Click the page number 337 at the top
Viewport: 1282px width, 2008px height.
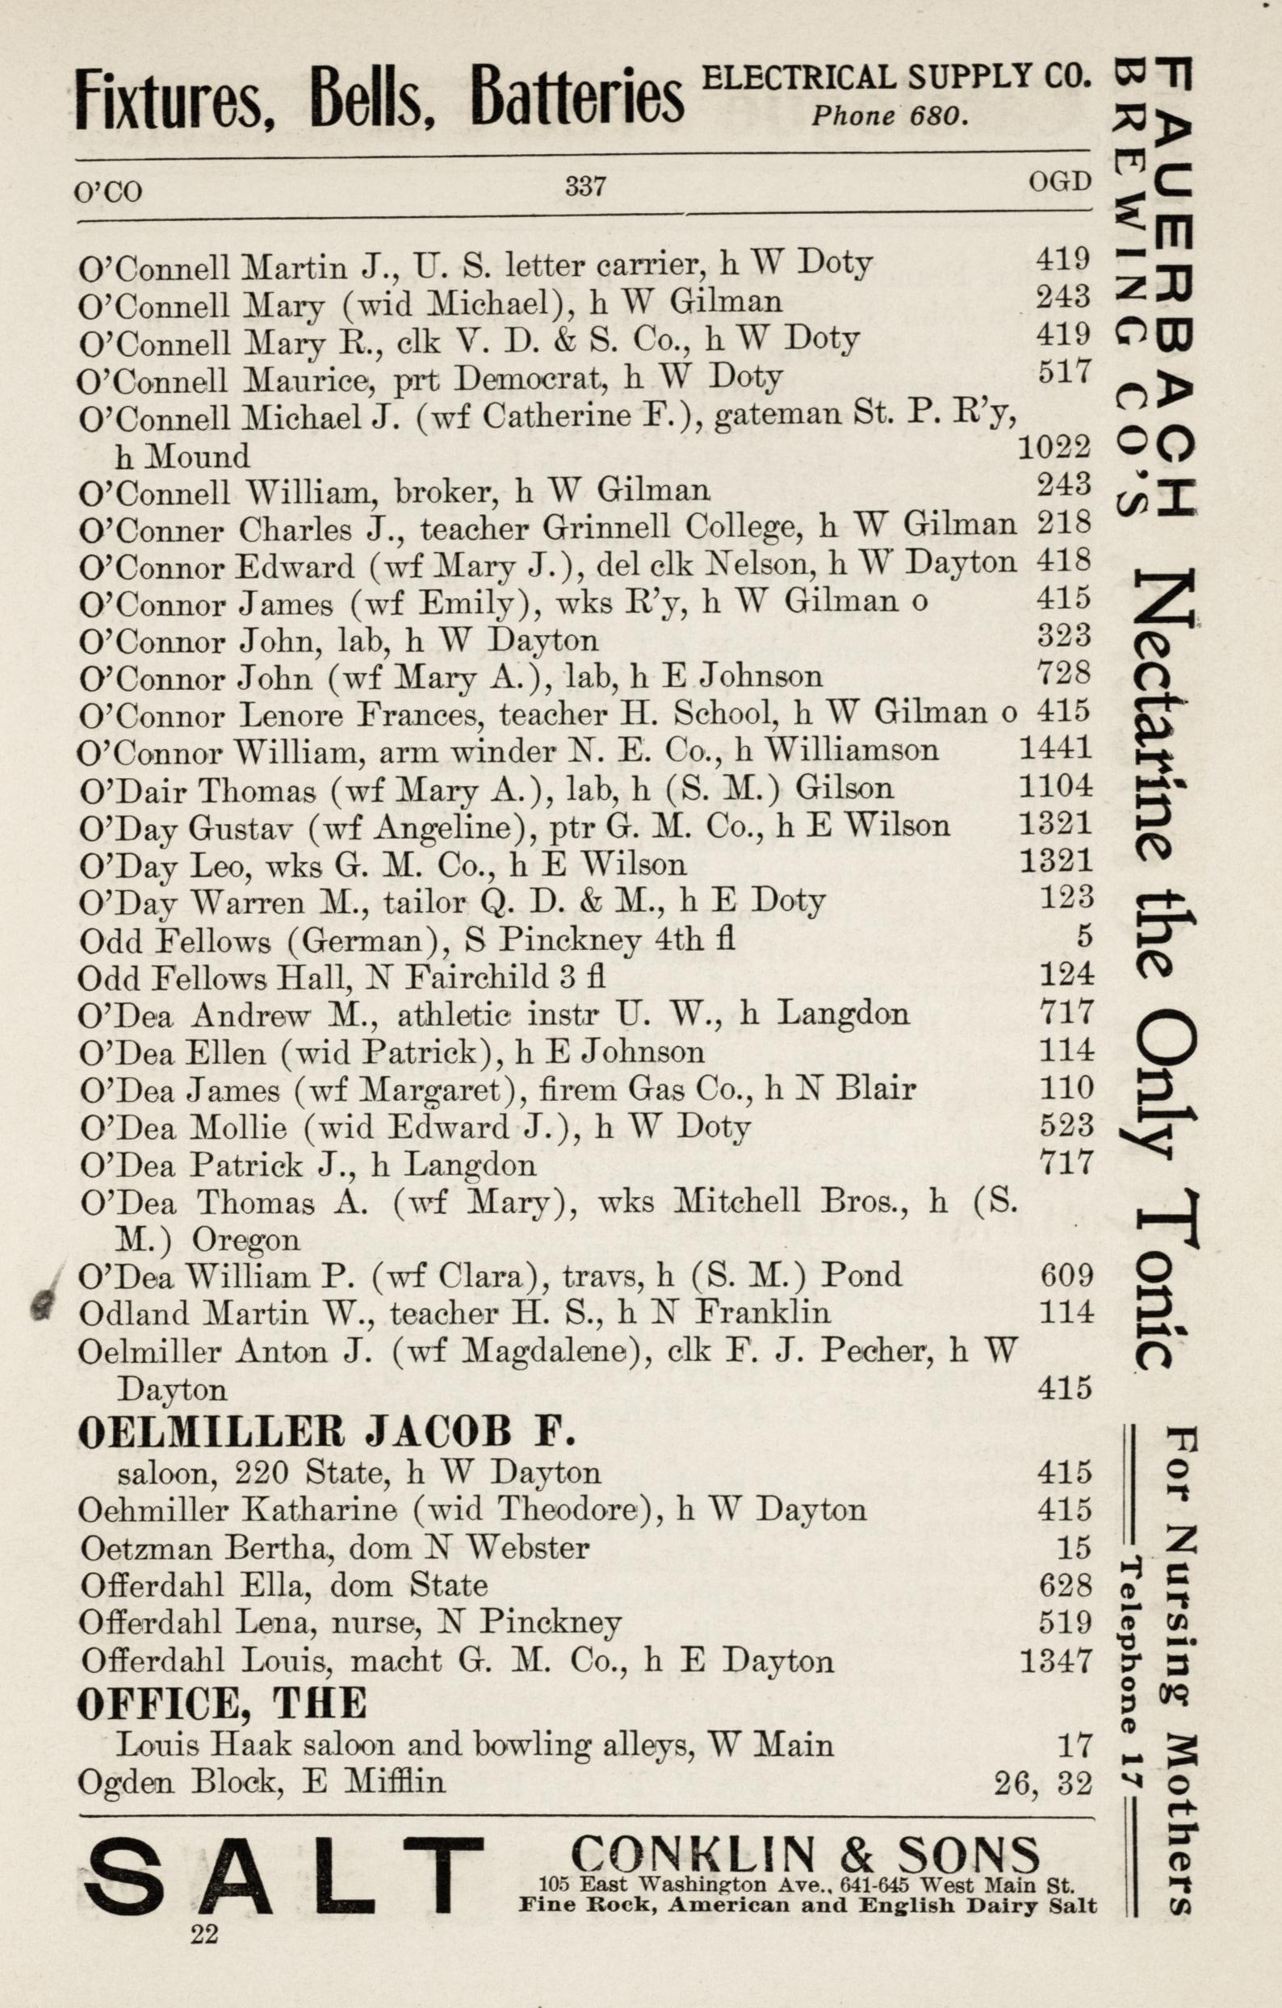pos(584,185)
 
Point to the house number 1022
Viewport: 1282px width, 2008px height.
pos(1054,449)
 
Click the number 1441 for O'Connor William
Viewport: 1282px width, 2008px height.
pos(1055,748)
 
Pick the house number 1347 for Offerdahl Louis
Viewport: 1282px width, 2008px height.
pos(1055,1661)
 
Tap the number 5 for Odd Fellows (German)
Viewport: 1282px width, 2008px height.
pos(1083,936)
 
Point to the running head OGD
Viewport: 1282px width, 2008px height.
pos(1059,181)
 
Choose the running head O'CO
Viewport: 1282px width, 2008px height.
pos(108,193)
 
